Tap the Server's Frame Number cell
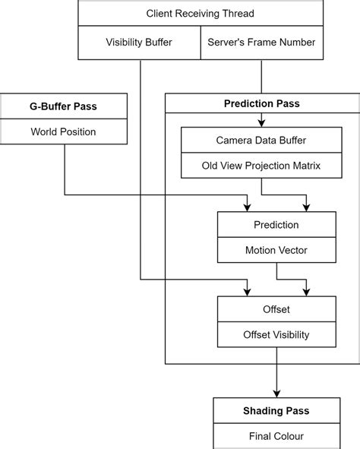point(261,43)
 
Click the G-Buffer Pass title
point(64,106)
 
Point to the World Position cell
point(64,131)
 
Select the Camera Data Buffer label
point(261,141)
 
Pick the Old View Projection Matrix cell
point(261,166)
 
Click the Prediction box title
point(276,225)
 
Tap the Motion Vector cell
point(276,250)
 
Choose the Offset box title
point(276,310)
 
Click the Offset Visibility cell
point(276,335)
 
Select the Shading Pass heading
point(276,411)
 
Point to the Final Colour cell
point(276,436)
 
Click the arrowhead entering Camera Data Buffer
point(261,122)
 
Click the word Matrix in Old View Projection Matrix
point(304,166)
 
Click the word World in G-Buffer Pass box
point(46,131)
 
